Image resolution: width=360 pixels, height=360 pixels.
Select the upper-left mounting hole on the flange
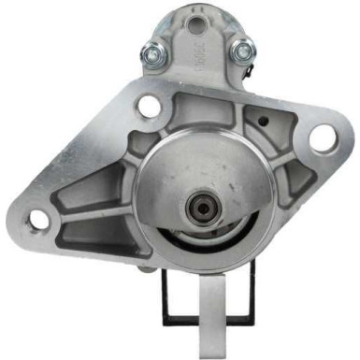click(x=149, y=107)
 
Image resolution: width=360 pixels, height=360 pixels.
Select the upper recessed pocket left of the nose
click(x=117, y=154)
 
